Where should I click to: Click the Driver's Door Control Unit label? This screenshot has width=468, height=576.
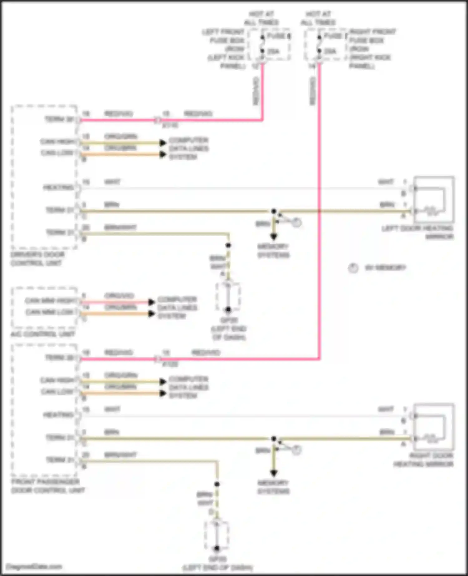pos(37,259)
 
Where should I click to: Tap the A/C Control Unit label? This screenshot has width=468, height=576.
pos(43,334)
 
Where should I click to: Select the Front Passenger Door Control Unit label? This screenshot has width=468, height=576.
pos(48,486)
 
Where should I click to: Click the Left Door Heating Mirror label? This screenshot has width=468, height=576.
pos(417,232)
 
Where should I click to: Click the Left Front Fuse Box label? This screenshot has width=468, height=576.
pos(227,49)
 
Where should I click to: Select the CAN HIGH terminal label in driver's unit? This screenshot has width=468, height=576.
pos(58,142)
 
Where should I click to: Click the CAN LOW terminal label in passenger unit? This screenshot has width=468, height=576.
pos(58,392)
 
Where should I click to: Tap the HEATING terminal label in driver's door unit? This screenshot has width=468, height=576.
pos(58,187)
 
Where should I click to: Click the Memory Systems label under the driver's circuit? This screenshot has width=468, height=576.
pos(273,251)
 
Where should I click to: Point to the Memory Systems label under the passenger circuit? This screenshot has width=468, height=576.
pos(273,487)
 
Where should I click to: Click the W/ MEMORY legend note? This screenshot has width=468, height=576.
pos(385,268)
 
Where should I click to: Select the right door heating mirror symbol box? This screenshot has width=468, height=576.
pos(434,427)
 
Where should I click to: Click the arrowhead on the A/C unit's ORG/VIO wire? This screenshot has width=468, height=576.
pos(152,302)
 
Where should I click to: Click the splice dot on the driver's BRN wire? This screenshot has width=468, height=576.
pos(274,211)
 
